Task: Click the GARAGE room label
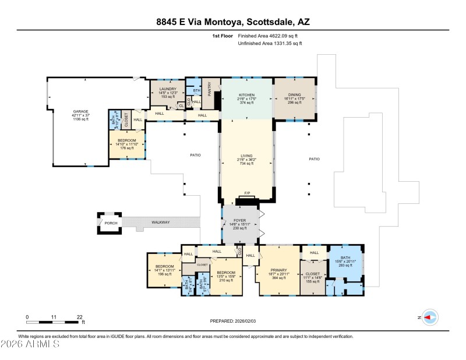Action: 80,111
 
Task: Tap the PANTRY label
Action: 209,89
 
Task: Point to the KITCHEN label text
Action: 247,95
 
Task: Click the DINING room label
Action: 294,95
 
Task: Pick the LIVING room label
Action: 247,156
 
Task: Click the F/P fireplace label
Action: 247,193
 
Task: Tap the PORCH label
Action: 111,223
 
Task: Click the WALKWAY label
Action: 161,222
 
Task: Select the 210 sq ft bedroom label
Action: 225,272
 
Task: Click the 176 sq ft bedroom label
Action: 128,140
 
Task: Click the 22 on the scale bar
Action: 79,317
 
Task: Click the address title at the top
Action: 233,22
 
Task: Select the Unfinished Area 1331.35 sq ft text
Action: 270,43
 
